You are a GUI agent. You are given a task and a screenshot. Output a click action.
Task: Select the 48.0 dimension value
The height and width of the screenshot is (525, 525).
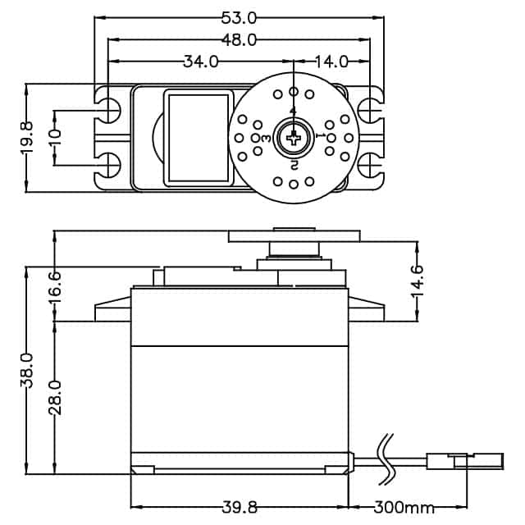tap(240, 39)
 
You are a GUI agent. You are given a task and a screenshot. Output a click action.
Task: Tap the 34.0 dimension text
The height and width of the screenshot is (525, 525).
tap(200, 62)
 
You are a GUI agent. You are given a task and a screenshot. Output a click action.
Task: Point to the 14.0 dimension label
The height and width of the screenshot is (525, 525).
tap(332, 62)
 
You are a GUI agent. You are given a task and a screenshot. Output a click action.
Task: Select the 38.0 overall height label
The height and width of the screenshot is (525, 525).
tap(26, 370)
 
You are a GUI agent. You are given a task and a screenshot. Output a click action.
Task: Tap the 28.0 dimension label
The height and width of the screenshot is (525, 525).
tap(54, 398)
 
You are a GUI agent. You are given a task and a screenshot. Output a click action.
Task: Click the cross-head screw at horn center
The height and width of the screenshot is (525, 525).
tap(293, 138)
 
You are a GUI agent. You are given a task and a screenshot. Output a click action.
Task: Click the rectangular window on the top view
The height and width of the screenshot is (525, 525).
tap(198, 137)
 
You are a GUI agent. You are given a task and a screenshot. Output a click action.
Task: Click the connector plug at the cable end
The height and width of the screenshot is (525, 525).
tap(464, 461)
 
